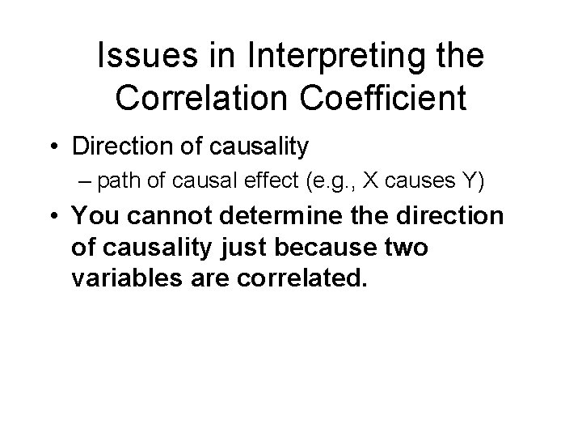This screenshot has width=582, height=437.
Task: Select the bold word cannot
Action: click(x=162, y=216)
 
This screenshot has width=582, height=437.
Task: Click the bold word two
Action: click(x=405, y=248)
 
